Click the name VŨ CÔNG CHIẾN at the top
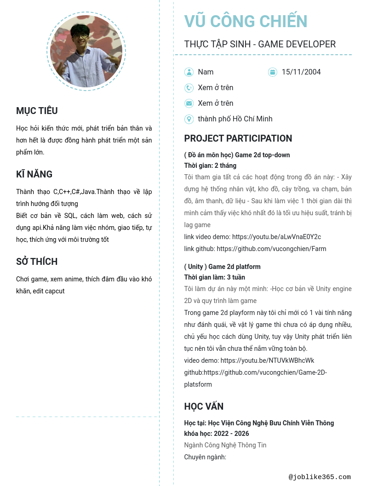pyautogui.click(x=246, y=22)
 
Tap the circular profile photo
pyautogui.click(x=86, y=51)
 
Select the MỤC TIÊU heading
pyautogui.click(x=37, y=111)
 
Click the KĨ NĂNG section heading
pyautogui.click(x=34, y=174)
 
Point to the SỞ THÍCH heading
pyautogui.click(x=37, y=262)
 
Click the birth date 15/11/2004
pyautogui.click(x=301, y=72)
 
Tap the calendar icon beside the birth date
pyautogui.click(x=273, y=72)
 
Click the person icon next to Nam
pyautogui.click(x=189, y=72)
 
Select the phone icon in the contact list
pyautogui.click(x=189, y=88)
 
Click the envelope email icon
pyautogui.click(x=189, y=103)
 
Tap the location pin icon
pyautogui.click(x=189, y=119)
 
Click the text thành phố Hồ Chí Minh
pyautogui.click(x=235, y=119)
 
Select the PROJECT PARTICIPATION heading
pyautogui.click(x=238, y=138)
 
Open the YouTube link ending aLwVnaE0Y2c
pyautogui.click(x=276, y=237)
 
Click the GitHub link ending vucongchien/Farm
pyautogui.click(x=271, y=249)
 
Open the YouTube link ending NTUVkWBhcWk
pyautogui.click(x=267, y=360)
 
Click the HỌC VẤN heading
pyautogui.click(x=204, y=406)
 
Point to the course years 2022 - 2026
pyautogui.click(x=229, y=434)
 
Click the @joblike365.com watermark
pyautogui.click(x=320, y=477)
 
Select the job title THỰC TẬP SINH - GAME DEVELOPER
pyautogui.click(x=260, y=44)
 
